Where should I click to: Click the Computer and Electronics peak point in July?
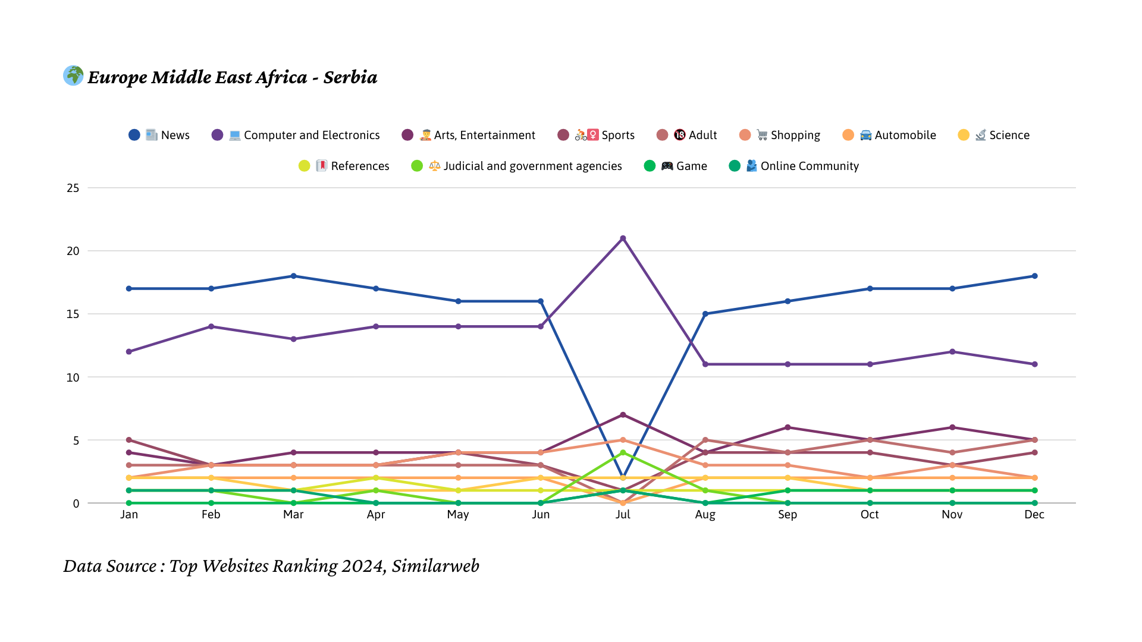(x=623, y=238)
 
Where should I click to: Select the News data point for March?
(x=293, y=276)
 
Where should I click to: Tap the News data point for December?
(x=1034, y=276)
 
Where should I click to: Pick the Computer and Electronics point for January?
(x=129, y=351)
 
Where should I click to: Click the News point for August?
(x=705, y=314)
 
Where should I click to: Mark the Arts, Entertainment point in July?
(x=623, y=414)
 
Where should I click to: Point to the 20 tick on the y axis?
(x=73, y=251)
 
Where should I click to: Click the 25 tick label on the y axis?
(x=73, y=188)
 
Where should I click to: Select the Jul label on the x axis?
(x=623, y=514)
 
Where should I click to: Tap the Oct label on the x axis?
(x=870, y=514)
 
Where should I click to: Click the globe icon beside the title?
(x=73, y=75)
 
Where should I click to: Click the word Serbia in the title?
(x=350, y=77)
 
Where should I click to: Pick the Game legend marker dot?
(x=650, y=166)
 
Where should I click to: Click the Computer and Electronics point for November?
(x=952, y=351)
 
